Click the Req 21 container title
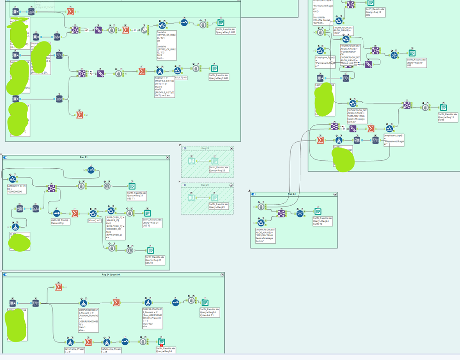coord(83,157)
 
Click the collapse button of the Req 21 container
coord(168,157)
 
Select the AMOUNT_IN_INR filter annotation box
coord(17,189)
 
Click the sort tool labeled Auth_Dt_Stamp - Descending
coord(57,214)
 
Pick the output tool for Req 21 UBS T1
coord(132,186)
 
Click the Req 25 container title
coord(205,148)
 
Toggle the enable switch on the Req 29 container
coord(184,185)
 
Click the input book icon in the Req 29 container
coord(192,198)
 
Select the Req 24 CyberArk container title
coord(113,274)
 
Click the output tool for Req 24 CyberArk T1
coord(205,303)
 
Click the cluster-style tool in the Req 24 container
coord(300,213)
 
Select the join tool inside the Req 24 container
coord(281,213)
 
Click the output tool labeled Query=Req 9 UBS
coord(221,23)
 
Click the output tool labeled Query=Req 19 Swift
coord(443,107)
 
